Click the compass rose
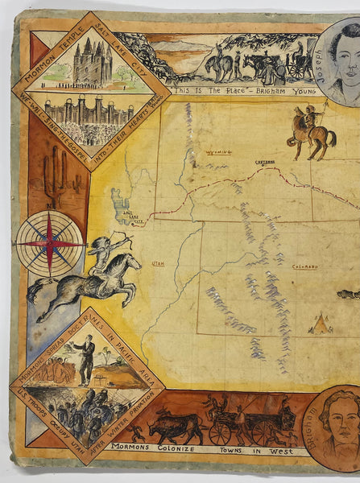(x=50, y=243)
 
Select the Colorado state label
(x=305, y=266)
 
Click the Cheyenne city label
(x=266, y=161)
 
